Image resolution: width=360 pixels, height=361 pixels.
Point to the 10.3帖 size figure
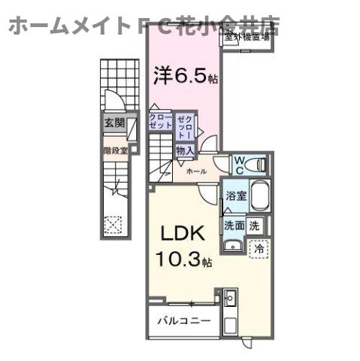pos(184,261)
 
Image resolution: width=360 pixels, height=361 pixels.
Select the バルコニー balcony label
pos(183,320)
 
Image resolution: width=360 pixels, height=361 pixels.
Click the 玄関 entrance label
pos(113,123)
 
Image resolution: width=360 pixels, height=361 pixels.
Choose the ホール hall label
pos(195,171)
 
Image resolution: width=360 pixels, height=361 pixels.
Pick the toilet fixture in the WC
pos(256,163)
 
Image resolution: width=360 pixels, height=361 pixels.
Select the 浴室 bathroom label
pos(234,196)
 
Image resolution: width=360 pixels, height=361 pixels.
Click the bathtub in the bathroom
pos(259,197)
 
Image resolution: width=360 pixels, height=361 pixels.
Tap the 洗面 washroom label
pos(234,225)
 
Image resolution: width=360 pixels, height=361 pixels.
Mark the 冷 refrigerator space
pos(258,246)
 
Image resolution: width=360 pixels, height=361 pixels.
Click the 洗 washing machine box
pos(256,225)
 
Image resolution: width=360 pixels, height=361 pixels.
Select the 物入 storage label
pos(185,150)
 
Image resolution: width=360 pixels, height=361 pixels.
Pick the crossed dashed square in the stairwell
pos(113,224)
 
